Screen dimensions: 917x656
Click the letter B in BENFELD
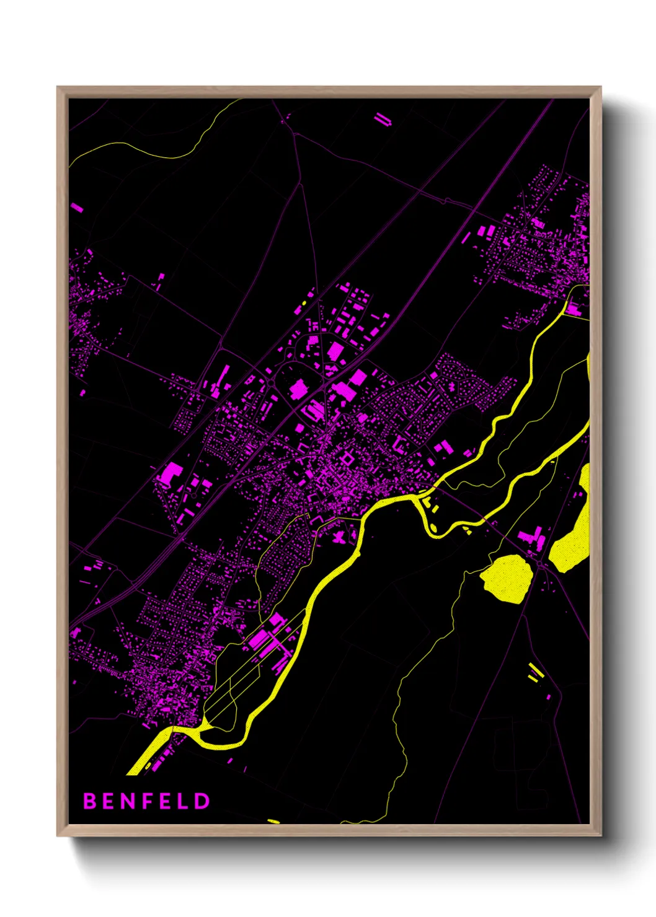pyautogui.click(x=89, y=801)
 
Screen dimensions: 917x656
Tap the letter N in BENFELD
pyautogui.click(x=125, y=801)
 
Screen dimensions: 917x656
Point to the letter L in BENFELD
pyautogui.click(x=183, y=801)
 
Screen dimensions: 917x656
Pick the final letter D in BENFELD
pyautogui.click(x=202, y=801)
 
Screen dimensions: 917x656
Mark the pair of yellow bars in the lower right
pyautogui.click(x=534, y=672)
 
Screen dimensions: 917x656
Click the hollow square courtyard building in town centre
pyautogui.click(x=346, y=459)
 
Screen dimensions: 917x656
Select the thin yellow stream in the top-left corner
pyautogui.click(x=143, y=149)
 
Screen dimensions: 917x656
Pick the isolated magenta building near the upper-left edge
pyautogui.click(x=77, y=208)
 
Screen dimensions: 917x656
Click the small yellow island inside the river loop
pyautogui.click(x=433, y=528)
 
